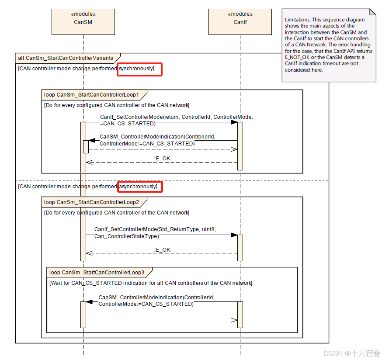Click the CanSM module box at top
(x=83, y=22)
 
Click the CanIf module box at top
(x=240, y=22)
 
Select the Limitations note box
(x=329, y=45)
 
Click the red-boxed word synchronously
(x=139, y=69)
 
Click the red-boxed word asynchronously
(x=140, y=187)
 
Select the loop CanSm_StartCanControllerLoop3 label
(x=97, y=273)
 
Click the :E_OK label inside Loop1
(x=162, y=158)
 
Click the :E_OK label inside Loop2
(x=162, y=249)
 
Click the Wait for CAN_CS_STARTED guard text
(x=151, y=283)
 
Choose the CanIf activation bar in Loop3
(x=240, y=314)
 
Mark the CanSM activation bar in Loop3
(x=83, y=314)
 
